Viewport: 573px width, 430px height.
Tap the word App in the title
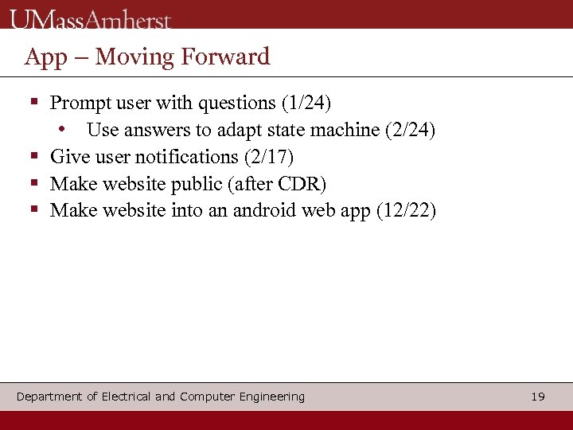45,57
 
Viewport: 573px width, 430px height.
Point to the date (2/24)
410,130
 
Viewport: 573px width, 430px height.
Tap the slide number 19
538,397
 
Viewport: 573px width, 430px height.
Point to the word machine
349,130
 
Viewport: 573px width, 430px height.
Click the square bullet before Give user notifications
34,156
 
